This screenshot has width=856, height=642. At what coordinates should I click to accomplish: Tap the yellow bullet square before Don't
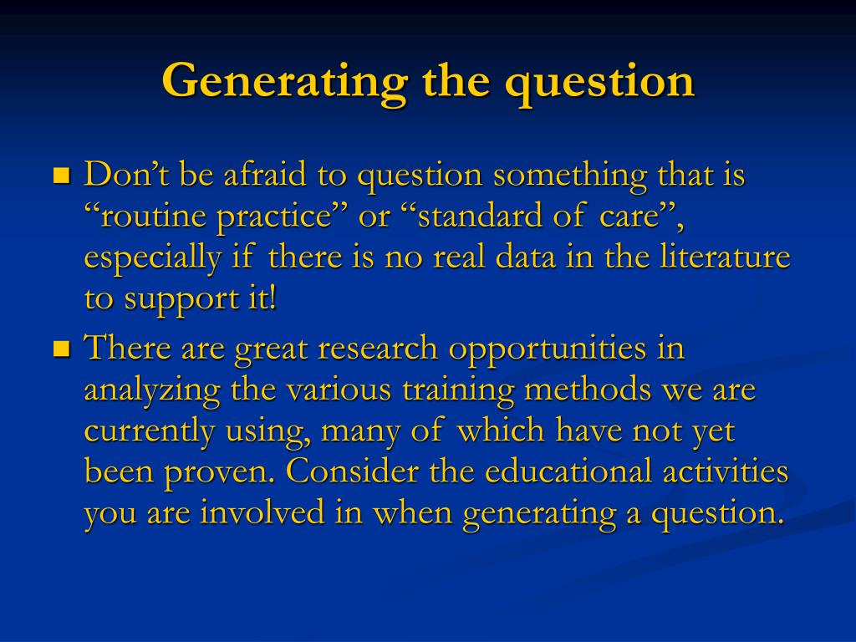click(61, 176)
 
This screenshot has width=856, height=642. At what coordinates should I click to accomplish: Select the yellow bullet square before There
click(61, 348)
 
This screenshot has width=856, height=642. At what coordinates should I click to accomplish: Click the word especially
click(153, 258)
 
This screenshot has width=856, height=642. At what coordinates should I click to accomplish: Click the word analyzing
click(152, 390)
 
